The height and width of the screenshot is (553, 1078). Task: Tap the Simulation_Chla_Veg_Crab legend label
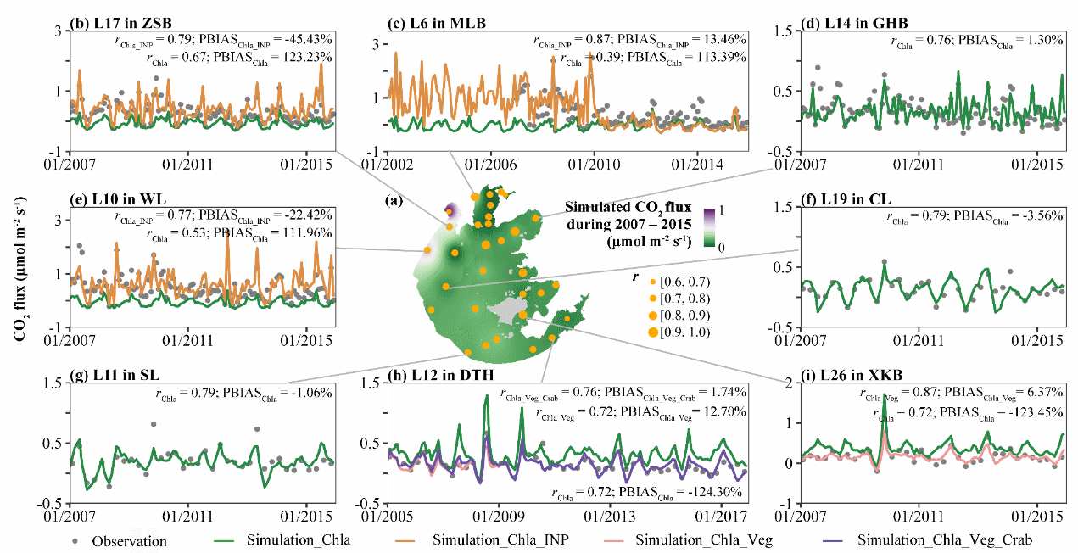[x=945, y=540]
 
